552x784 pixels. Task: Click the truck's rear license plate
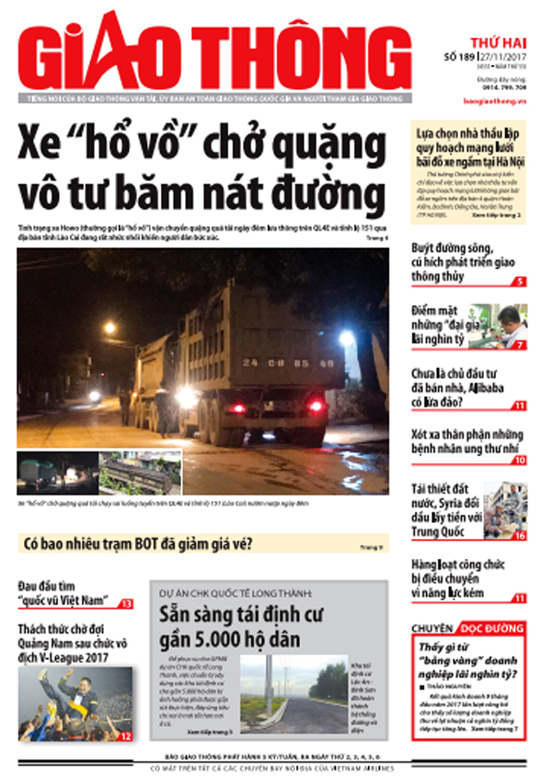[288, 362]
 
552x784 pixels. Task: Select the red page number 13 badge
[126, 604]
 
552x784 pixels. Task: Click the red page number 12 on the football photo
[126, 735]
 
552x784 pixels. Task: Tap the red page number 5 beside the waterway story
[521, 281]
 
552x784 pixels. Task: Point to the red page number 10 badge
[521, 460]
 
